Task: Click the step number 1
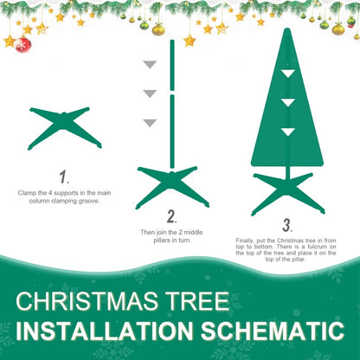[62, 177]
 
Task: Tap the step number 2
[171, 216]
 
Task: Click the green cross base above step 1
[66, 127]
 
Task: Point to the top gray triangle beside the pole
[150, 65]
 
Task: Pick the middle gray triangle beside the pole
[150, 93]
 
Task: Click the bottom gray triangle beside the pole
[150, 123]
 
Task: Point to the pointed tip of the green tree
[286, 31]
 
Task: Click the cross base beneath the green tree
[286, 191]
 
